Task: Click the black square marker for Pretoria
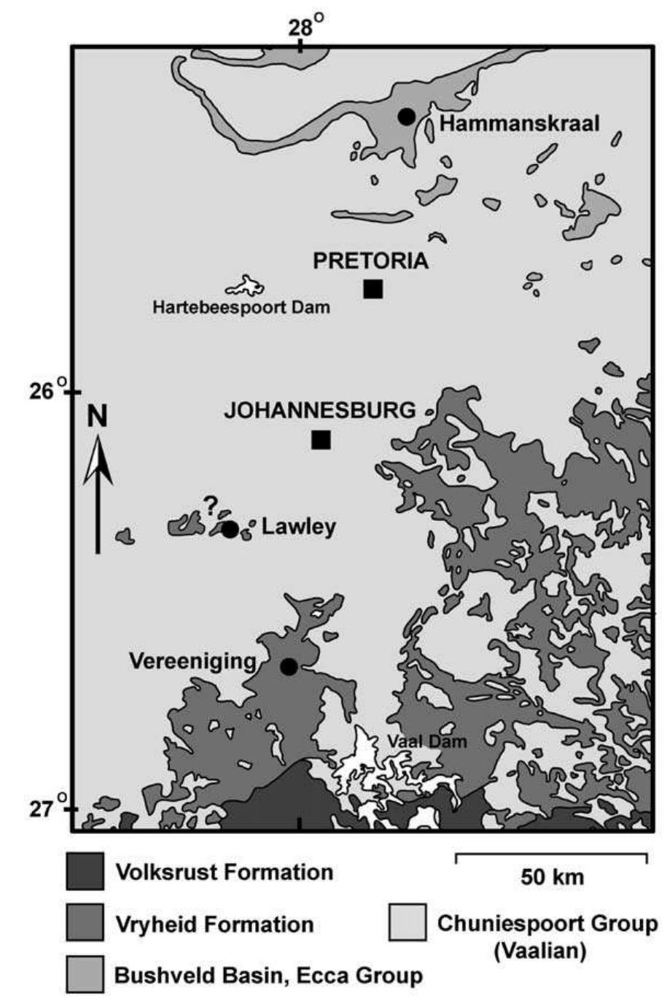[x=372, y=289]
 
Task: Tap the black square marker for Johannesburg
[x=321, y=439]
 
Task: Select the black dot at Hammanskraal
[x=406, y=117]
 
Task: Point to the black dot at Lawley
[x=230, y=530]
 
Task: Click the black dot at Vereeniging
[x=289, y=666]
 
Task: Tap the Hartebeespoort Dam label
[x=241, y=307]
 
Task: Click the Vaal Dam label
[x=426, y=741]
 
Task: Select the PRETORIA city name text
[x=370, y=261]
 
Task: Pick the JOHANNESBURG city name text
[x=319, y=410]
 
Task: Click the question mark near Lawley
[x=211, y=503]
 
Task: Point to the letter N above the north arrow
[x=97, y=416]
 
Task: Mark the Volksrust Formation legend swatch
[x=85, y=871]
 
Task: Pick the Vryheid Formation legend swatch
[x=85, y=924]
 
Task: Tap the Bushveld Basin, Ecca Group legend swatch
[x=85, y=975]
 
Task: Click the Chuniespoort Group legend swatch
[x=407, y=924]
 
